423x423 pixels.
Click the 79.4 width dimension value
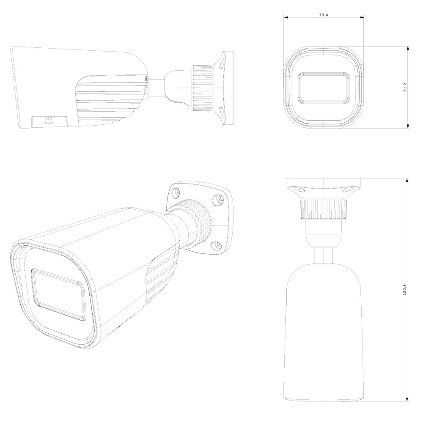point(324,15)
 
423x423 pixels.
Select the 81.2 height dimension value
point(405,87)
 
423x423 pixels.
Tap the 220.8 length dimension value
point(405,289)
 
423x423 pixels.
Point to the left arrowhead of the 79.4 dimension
point(286,17)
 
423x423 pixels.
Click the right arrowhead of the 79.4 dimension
point(362,17)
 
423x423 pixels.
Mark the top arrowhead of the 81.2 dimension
point(408,49)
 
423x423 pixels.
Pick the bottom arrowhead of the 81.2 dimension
point(408,126)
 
